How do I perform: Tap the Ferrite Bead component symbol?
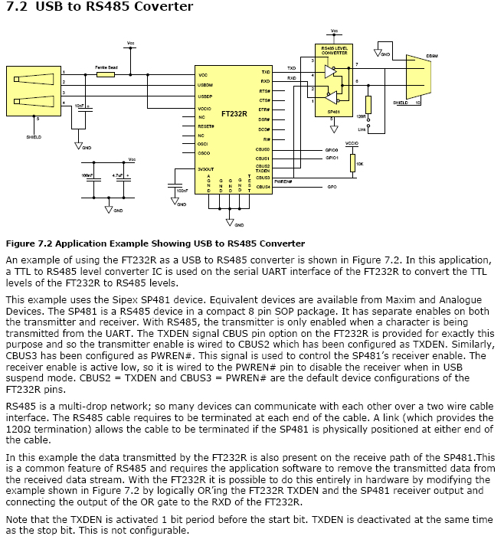(106, 74)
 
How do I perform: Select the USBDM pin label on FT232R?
(205, 85)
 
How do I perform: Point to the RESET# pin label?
(205, 125)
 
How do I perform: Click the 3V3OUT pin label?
(207, 168)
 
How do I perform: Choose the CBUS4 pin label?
(263, 186)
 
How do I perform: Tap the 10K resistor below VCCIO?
(353, 162)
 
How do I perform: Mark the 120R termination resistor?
(368, 105)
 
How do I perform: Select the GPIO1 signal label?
(332, 158)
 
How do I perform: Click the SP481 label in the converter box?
(333, 111)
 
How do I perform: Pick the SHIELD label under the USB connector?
(34, 137)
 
